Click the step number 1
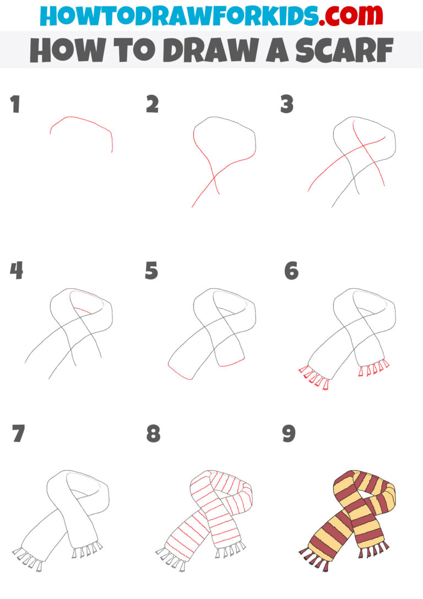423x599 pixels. [x=15, y=105]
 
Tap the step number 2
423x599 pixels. [x=152, y=105]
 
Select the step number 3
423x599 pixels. [x=286, y=105]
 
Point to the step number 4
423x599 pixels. [x=17, y=271]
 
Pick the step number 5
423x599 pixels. [x=151, y=271]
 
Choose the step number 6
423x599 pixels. [x=291, y=271]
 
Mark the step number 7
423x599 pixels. [x=18, y=434]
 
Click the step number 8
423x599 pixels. [x=153, y=434]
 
